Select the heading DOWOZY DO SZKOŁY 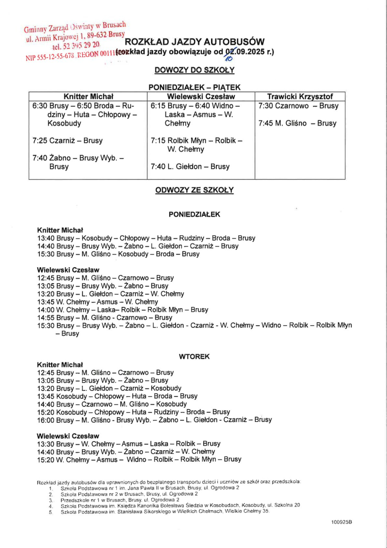(194, 70)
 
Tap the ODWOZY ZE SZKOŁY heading (194, 190)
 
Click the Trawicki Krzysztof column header (300, 96)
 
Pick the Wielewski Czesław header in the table (201, 96)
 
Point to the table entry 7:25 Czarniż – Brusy (68, 141)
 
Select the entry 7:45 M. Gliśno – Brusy (297, 123)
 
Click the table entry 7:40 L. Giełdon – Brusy (190, 167)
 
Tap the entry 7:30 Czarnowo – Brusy (298, 106)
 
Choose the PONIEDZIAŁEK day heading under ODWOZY (194, 214)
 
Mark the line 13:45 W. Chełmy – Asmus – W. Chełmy (98, 302)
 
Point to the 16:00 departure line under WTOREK (154, 420)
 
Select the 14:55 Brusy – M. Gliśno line (105, 317)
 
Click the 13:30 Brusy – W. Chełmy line (129, 443)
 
